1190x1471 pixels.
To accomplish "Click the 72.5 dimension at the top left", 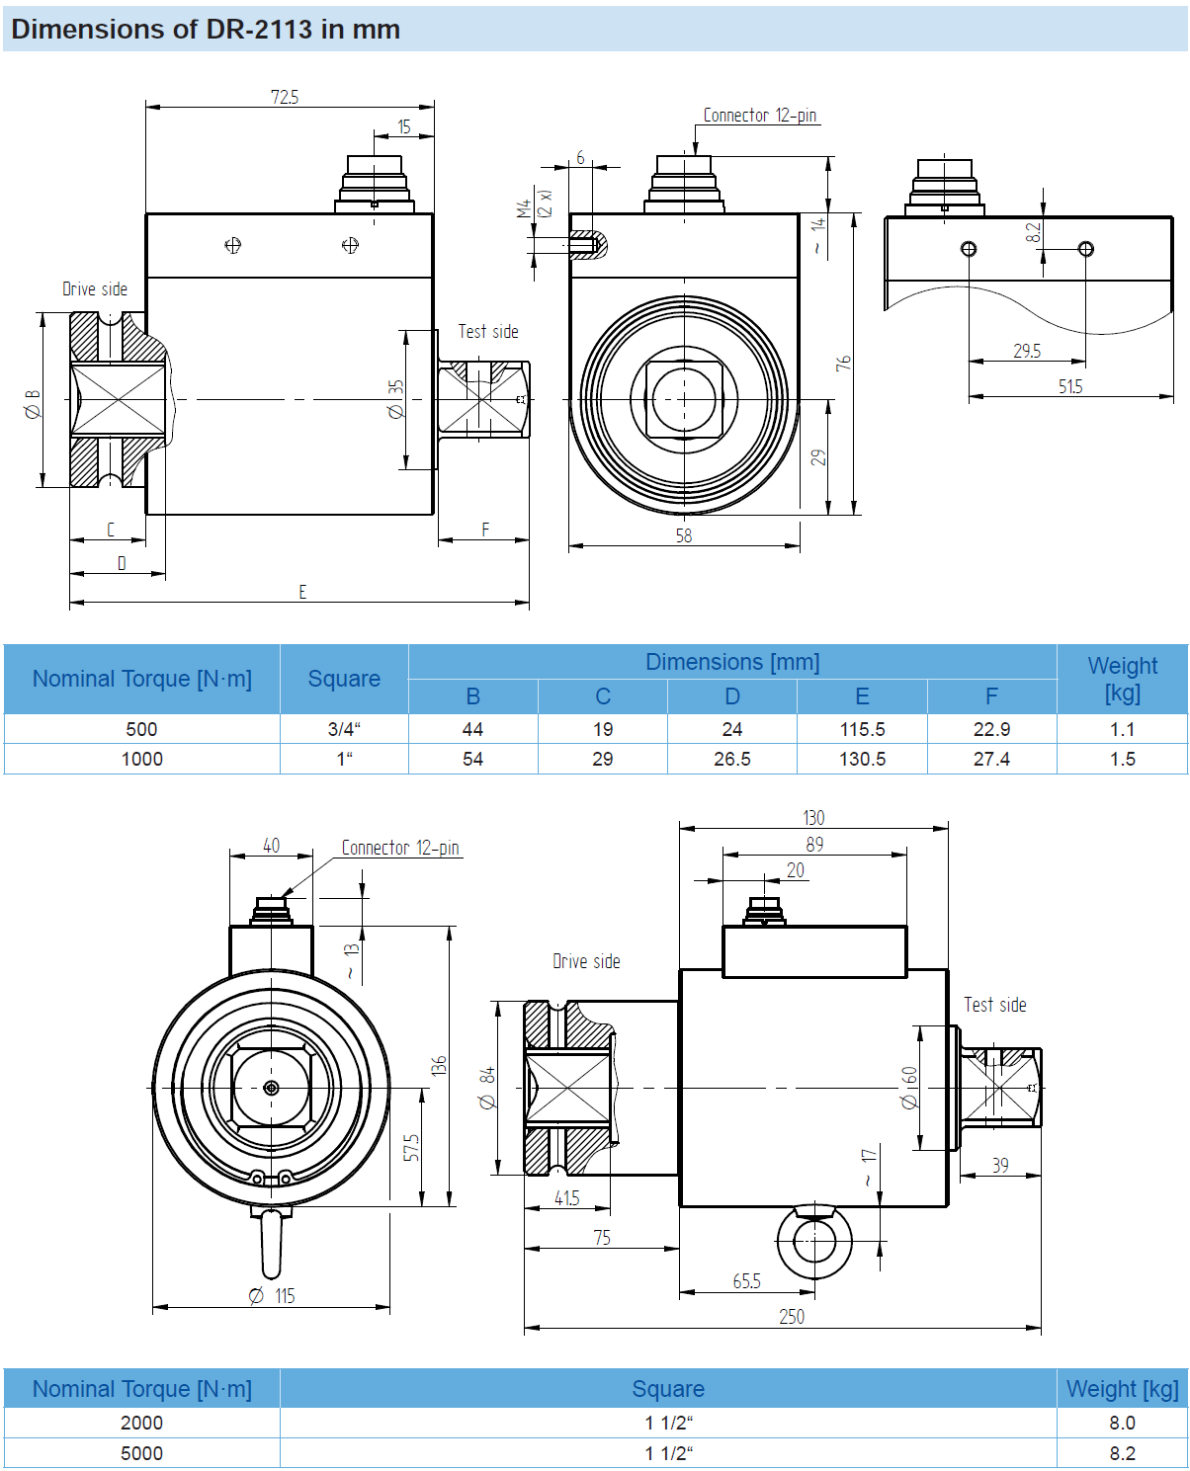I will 285,97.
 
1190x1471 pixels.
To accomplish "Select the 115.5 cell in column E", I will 862,729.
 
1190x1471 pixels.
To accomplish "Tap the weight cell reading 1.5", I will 1122,759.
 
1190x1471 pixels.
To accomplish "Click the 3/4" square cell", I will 344,729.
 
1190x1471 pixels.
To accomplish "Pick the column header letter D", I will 732,696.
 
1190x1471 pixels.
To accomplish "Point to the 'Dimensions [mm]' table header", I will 732,662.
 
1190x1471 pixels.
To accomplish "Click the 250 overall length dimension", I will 792,1316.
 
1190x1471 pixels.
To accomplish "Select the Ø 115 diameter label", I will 273,1295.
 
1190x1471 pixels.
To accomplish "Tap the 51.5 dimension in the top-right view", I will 1070,386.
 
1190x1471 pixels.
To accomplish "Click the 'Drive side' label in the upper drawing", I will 95,288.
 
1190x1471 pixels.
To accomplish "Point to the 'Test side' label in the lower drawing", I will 995,1005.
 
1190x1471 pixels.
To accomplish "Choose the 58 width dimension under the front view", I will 684,535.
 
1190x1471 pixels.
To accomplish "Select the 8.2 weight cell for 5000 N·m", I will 1122,1453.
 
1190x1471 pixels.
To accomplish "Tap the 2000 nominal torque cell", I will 141,1423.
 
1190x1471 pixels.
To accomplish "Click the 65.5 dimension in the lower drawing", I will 746,1281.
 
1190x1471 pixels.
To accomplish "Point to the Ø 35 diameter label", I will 395,399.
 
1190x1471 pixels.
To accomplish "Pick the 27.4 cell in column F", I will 991,759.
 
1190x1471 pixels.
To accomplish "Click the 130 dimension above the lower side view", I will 813,817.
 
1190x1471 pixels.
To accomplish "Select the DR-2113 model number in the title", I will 259,29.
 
